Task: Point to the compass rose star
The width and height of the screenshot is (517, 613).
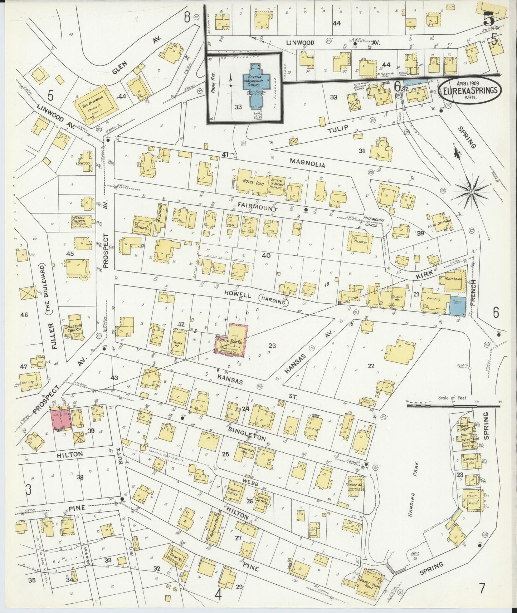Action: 472,192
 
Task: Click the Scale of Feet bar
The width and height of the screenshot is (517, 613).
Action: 453,406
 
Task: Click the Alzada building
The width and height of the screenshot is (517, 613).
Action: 360,243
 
